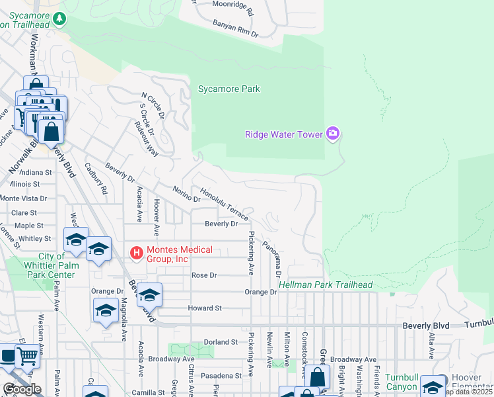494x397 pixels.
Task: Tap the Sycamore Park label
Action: click(x=229, y=89)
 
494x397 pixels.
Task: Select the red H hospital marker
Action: click(x=137, y=253)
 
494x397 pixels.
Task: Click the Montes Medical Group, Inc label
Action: click(x=180, y=254)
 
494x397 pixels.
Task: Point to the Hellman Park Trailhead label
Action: click(x=326, y=285)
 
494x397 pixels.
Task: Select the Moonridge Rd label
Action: click(x=232, y=8)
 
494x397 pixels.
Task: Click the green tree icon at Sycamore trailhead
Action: click(x=60, y=19)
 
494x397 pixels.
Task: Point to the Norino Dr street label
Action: click(x=187, y=195)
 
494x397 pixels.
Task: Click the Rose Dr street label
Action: click(x=204, y=275)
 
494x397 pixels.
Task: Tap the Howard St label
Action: click(x=204, y=308)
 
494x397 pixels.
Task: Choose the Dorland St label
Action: click(x=221, y=342)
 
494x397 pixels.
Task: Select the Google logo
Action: click(x=21, y=389)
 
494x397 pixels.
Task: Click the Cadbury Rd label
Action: click(x=96, y=179)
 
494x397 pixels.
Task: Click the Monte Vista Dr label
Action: click(x=24, y=198)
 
